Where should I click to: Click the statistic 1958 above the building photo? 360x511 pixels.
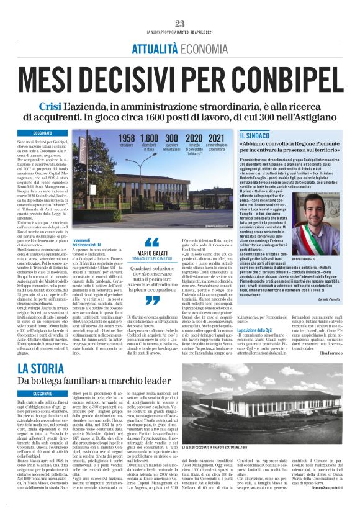pos(126,137)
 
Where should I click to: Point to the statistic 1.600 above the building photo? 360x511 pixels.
pos(149,137)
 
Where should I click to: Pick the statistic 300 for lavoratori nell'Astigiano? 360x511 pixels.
pos(171,137)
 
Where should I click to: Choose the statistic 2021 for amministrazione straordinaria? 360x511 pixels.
pos(217,137)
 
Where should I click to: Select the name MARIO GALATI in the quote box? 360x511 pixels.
pos(151,253)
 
